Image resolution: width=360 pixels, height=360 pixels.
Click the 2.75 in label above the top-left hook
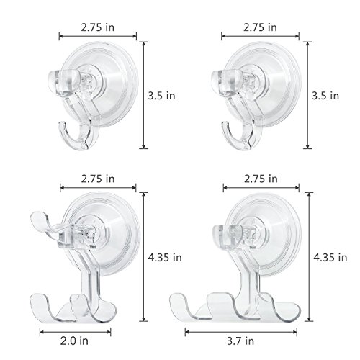[x=98, y=27]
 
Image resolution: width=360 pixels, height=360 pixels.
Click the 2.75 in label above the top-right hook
[x=260, y=27]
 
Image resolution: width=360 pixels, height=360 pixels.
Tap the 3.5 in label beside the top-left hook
[x=161, y=96]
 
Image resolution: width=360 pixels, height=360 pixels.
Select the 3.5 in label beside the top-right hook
[x=325, y=96]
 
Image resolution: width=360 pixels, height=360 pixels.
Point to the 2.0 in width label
[x=74, y=341]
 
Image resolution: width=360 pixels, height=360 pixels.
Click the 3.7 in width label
[x=240, y=341]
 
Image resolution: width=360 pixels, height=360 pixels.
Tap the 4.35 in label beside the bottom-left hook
[x=165, y=258]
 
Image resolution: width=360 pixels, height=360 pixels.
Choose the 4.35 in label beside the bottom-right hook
[x=330, y=258]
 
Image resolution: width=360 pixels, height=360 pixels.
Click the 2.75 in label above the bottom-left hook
[x=98, y=179]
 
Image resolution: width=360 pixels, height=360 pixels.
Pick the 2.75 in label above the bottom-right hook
[x=261, y=179]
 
